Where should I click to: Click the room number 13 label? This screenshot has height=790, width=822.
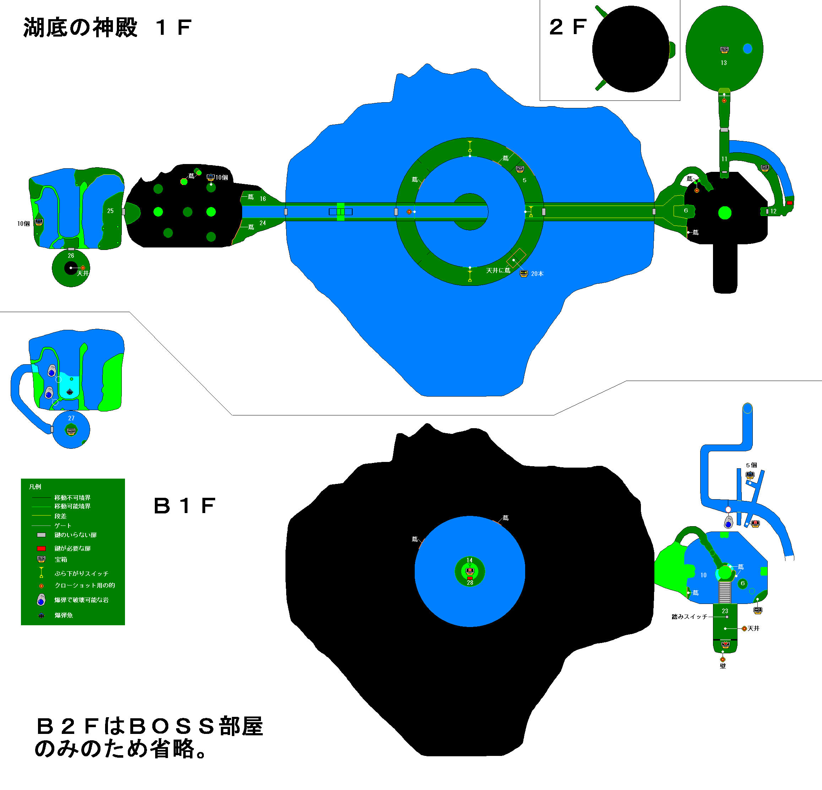tap(723, 63)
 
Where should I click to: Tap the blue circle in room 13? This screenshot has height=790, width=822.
tap(747, 49)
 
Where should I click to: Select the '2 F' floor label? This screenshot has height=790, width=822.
tap(568, 27)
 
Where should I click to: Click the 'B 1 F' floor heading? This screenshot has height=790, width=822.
tap(185, 506)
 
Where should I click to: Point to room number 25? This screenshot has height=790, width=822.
tap(110, 211)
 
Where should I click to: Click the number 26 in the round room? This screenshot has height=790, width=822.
tap(71, 255)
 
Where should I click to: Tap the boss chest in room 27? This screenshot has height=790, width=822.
tap(71, 431)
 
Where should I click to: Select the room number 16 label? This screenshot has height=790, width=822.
tap(262, 199)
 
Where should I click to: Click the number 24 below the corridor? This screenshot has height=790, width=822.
tap(262, 223)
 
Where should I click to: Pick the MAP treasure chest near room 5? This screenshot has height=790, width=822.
tap(519, 169)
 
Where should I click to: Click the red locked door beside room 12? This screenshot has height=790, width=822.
tap(789, 203)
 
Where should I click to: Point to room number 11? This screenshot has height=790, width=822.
tap(724, 159)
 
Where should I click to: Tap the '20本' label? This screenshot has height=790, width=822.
tap(537, 274)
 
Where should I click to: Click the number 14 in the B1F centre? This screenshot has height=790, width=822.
tap(470, 560)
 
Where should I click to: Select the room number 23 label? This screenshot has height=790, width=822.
tap(725, 611)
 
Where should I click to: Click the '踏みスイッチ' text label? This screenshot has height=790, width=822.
tap(690, 617)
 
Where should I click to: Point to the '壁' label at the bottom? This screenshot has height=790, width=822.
tap(723, 666)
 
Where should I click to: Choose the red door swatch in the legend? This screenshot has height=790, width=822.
tap(41, 549)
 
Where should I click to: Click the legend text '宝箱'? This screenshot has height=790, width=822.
tap(61, 559)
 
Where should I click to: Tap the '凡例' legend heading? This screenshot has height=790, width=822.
tap(35, 487)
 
